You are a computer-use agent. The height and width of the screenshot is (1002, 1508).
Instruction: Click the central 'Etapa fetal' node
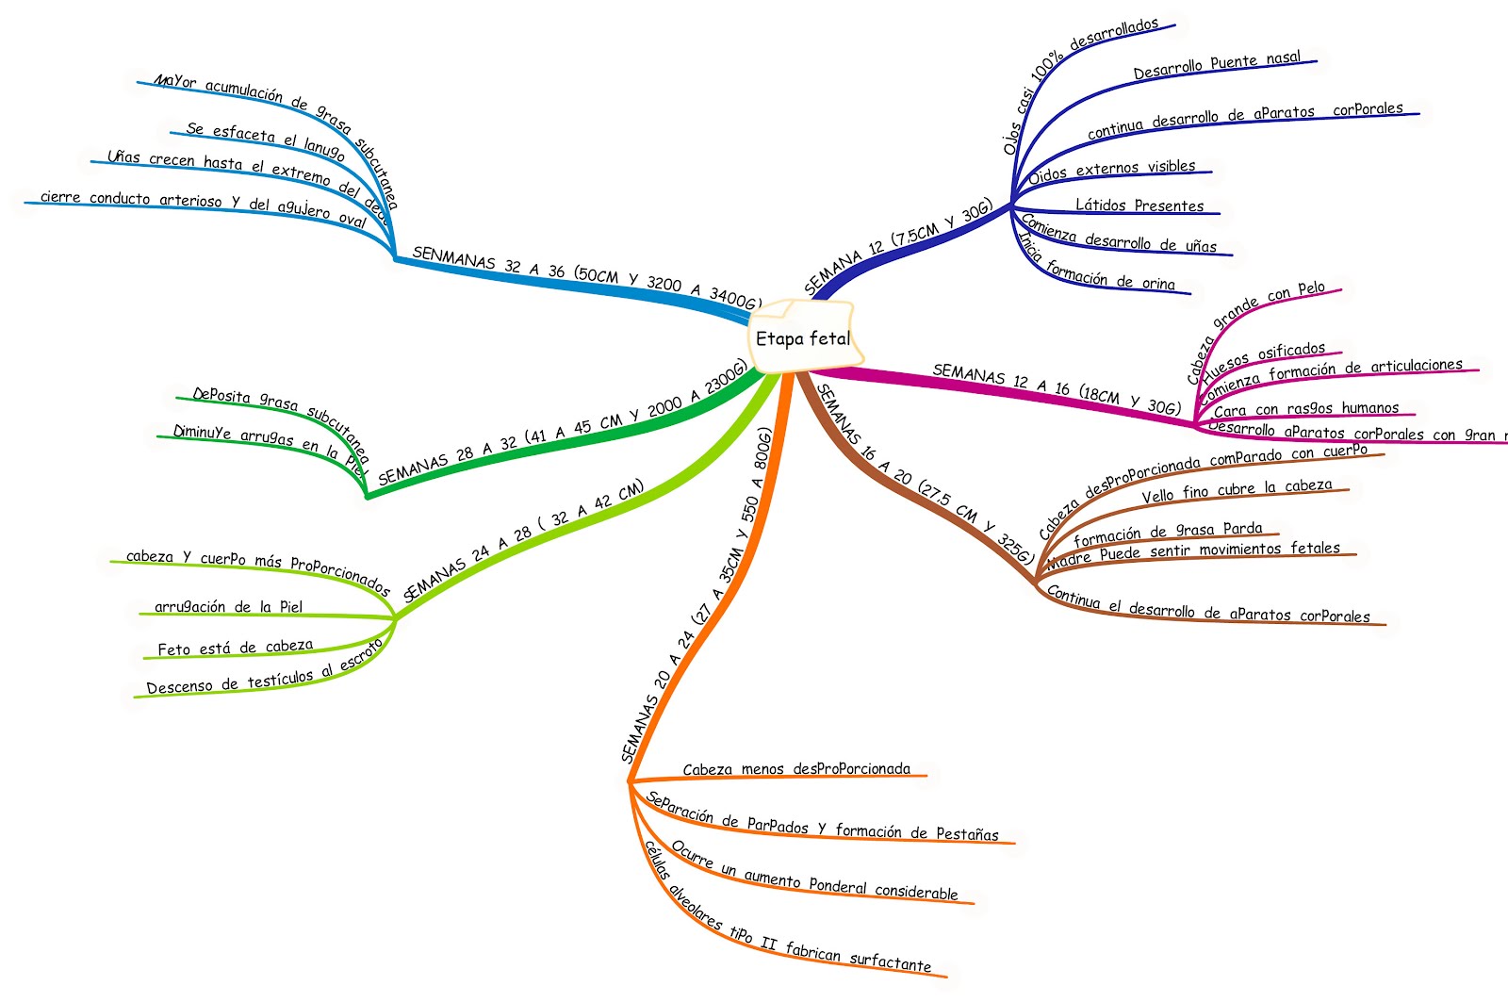pos(803,337)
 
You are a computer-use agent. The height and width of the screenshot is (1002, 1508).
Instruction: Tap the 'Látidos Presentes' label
pos(1139,205)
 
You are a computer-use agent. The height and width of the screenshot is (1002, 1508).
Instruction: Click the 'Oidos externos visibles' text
pos(1111,171)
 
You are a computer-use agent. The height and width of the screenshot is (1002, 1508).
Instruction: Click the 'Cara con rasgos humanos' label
pos(1306,409)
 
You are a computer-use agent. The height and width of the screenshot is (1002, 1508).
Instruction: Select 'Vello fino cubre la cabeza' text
pos(1237,490)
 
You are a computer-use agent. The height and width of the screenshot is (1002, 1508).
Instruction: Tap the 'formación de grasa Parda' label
pos(1168,533)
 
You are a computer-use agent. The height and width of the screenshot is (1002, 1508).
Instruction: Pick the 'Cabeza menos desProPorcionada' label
pos(796,769)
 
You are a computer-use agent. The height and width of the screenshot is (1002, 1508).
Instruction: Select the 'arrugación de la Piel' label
pos(228,607)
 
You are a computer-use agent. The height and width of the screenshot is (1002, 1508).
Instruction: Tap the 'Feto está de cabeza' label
pos(235,648)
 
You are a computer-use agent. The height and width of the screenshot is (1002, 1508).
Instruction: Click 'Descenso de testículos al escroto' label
pos(264,672)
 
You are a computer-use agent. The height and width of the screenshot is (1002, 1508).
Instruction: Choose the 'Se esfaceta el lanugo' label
pos(266,140)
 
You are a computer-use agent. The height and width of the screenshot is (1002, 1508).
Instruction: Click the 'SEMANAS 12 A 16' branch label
pos(1056,388)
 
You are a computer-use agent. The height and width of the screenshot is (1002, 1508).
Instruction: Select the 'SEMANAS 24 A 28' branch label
pos(523,540)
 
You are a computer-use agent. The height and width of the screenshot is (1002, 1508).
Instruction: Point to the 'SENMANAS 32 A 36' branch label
pos(585,277)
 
